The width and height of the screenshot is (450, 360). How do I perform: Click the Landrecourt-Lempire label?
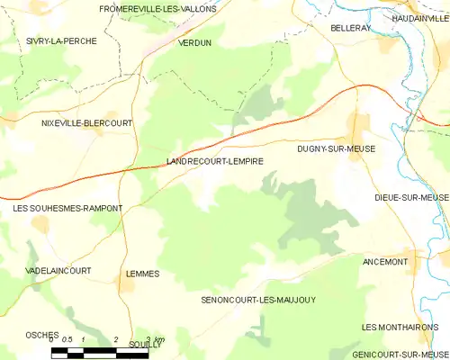pos(215,161)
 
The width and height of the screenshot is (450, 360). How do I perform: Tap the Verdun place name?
pos(195,42)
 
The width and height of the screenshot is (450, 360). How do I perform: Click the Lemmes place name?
pos(143,274)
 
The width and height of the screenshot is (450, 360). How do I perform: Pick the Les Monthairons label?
pos(404,327)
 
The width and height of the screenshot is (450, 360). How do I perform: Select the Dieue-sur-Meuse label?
pos(411,196)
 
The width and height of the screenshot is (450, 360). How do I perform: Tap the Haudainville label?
pos(419,18)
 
